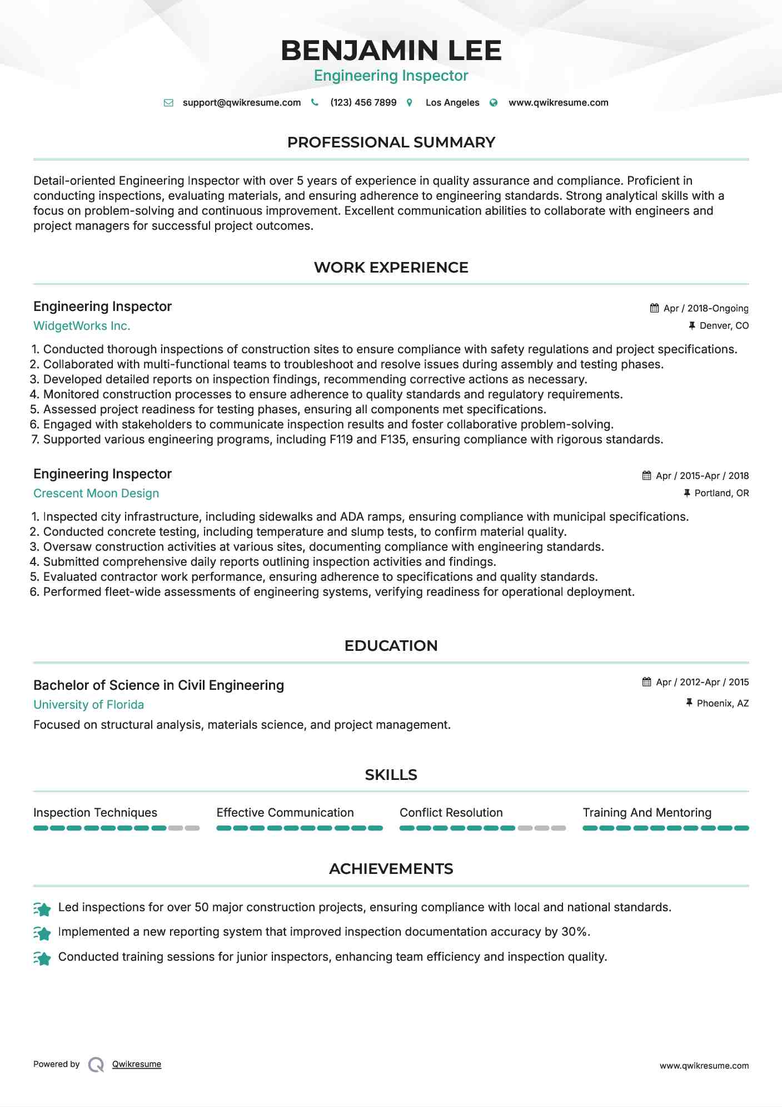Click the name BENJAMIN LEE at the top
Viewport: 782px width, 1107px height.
pos(391,51)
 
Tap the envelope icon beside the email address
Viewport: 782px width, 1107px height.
pos(168,103)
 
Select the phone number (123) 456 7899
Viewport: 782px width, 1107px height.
pos(363,103)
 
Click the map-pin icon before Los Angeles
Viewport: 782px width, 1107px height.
pos(410,103)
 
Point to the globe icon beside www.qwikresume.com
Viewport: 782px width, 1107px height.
pos(494,103)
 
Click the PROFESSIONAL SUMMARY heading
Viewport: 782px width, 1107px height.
pos(391,142)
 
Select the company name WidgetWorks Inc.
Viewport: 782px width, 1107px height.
pos(82,326)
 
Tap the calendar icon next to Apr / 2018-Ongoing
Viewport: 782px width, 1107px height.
pos(654,308)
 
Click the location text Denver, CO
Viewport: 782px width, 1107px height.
pos(724,326)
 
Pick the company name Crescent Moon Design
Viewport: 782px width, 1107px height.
pos(96,493)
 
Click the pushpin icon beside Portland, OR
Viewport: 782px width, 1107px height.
pos(687,493)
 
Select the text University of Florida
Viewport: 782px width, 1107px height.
pos(88,705)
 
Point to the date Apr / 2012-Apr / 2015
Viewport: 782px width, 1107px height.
pos(702,682)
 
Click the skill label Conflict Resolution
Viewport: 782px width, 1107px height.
pos(451,813)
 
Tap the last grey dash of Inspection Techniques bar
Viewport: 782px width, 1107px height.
pos(192,828)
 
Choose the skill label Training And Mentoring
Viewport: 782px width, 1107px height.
pos(646,813)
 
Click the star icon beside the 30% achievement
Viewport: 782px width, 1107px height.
pos(42,933)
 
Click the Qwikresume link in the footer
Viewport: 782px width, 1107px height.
pos(137,1064)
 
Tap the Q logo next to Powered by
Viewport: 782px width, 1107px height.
pos(96,1065)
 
